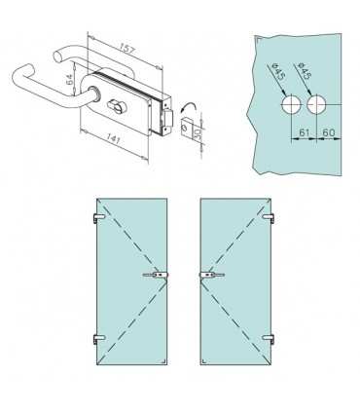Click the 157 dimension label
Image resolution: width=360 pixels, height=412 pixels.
point(126,49)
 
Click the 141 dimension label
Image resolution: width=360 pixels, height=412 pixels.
point(113,138)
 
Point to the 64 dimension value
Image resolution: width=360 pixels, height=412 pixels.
point(70,79)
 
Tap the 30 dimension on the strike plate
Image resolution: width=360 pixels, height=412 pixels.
point(197,132)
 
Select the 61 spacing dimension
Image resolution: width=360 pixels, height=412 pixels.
point(304,132)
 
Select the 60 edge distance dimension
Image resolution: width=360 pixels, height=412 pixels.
point(328,132)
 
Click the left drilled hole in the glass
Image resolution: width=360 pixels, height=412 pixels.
point(292,105)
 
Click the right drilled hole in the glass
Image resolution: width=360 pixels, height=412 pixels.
point(316,105)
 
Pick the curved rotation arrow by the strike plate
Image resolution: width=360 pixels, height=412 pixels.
point(188,108)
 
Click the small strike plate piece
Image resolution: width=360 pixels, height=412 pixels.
point(186,127)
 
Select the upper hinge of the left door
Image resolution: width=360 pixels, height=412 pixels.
point(98,218)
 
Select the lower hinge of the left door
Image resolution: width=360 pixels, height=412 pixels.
point(98,339)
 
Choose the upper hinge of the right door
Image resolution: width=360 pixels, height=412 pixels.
point(269,218)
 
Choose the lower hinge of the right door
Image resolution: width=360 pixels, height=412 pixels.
point(269,339)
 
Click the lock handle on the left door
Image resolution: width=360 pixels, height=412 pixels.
point(156,275)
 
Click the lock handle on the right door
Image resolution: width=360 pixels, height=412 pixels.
point(211,275)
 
